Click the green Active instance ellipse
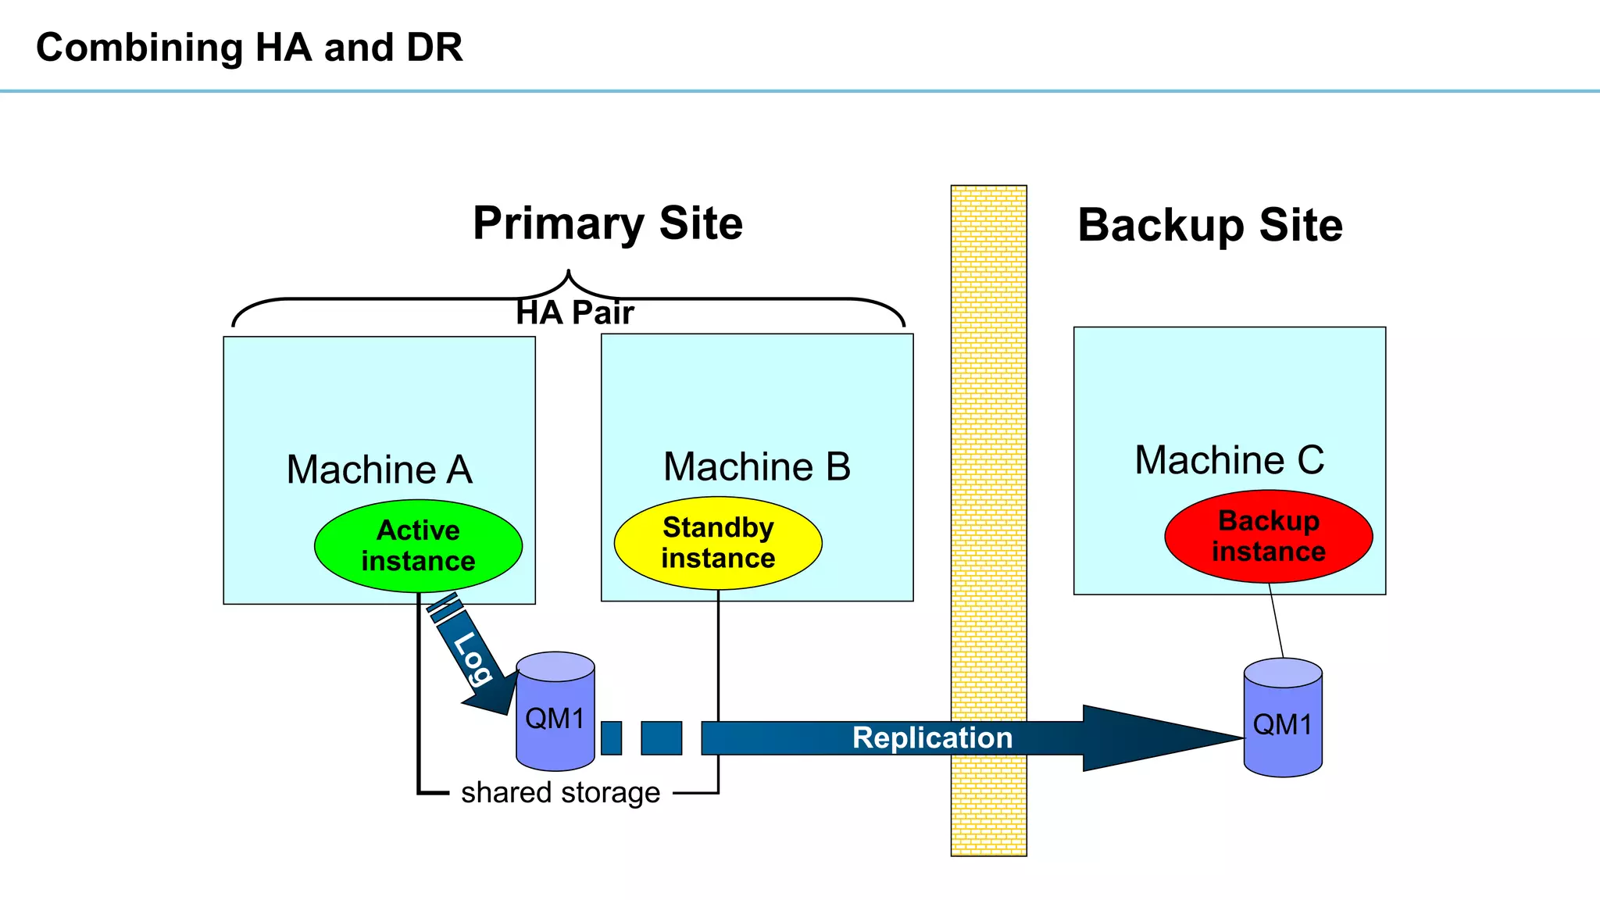[x=418, y=545]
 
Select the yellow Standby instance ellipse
[x=718, y=543]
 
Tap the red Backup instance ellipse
[x=1268, y=536]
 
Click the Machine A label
[x=379, y=470]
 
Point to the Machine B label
[x=756, y=466]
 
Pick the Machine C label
[x=1229, y=459]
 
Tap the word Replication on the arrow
[x=931, y=737]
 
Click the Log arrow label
[x=473, y=658]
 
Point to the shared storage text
[x=560, y=792]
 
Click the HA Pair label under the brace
[x=574, y=312]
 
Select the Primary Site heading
[x=608, y=223]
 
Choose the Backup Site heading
[x=1209, y=225]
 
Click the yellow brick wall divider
[x=988, y=469]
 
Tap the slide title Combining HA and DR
[x=249, y=48]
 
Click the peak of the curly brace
[x=569, y=273]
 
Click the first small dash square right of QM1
[x=612, y=737]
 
